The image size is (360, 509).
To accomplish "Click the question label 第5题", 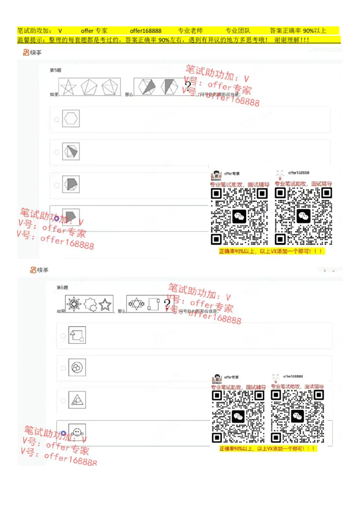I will point(55,70).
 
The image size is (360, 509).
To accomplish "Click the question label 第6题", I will point(62,287).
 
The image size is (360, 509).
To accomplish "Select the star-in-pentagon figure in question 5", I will point(68,87).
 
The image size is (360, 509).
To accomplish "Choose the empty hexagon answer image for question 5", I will point(71,119).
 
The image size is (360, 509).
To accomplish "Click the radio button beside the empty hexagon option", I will point(56,120).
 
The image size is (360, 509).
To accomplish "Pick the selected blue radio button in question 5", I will point(56,219).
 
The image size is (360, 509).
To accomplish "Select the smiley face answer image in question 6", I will point(77,433).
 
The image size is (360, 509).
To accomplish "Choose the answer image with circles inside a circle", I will point(77,368).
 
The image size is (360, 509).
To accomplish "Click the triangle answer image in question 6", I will point(77,400).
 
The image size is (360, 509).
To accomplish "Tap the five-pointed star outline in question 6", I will point(105,304).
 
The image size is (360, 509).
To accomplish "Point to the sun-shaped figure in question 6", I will point(74,304).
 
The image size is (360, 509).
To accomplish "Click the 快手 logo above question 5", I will point(32,53).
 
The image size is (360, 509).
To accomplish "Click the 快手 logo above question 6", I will point(39,270).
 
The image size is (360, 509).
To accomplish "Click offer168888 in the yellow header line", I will point(145,31).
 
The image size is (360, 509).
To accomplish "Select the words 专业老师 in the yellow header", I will point(190,31).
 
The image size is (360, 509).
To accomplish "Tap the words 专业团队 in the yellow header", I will point(238,31).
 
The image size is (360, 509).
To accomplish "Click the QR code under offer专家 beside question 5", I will point(239,216).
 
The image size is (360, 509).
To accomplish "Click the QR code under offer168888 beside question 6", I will point(297,416).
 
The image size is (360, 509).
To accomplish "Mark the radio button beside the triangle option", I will point(63,400).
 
